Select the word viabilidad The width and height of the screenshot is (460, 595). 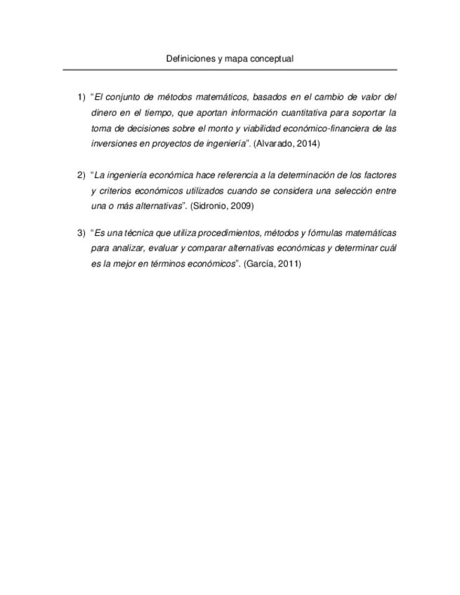[261, 128]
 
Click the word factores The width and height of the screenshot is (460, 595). [379, 174]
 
